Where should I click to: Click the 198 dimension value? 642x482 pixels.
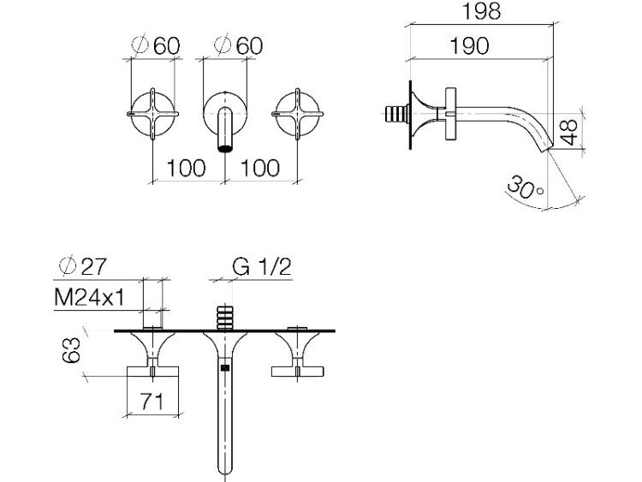coord(481,11)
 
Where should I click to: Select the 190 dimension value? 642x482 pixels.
coord(469,46)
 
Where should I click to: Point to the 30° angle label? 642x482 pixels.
coord(526,187)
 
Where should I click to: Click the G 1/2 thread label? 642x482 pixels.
coord(261,267)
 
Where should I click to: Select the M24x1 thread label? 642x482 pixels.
coord(89,297)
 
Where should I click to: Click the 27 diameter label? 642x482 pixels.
coord(83,266)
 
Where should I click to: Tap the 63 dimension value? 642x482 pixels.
coord(71,350)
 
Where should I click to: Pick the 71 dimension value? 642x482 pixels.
coord(152,402)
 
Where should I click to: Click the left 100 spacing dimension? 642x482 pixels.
coord(186,169)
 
